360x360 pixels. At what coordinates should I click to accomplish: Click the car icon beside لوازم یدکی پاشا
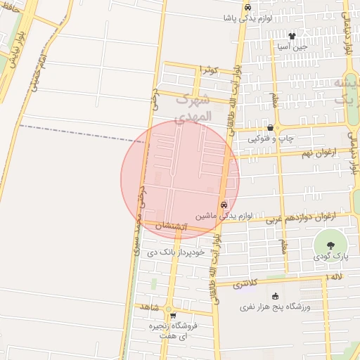coord(247,7)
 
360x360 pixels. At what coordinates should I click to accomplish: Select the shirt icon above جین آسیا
coord(292,35)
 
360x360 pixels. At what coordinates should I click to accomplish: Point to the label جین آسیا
coord(292,46)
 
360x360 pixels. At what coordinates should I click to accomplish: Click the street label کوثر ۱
coord(210,70)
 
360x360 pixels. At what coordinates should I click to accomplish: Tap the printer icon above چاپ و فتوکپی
coord(270,127)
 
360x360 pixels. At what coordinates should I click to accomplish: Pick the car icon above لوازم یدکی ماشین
coord(224,205)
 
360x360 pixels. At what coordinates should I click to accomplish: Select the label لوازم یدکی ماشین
coord(222,216)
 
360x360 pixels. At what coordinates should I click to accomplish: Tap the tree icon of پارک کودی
coord(330,245)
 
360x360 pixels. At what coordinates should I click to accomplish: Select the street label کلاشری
coord(245,284)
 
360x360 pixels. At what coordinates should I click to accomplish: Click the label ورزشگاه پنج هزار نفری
coord(279,307)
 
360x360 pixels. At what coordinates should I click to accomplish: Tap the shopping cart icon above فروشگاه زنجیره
coord(174,316)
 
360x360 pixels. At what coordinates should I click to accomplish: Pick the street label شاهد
coord(150,308)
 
